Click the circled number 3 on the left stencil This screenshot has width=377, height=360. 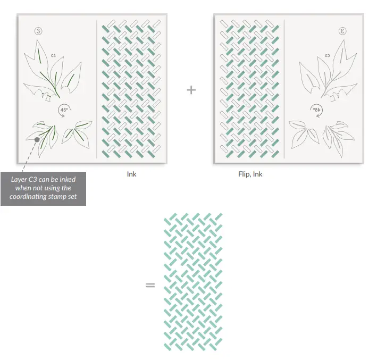coord(38,31)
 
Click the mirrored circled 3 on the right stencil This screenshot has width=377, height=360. coord(343,31)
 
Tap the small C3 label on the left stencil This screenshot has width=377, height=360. coord(54,55)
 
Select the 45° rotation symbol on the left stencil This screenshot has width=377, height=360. coord(64,111)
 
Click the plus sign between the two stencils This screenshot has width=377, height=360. coord(191,90)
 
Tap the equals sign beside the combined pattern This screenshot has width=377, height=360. coord(150,285)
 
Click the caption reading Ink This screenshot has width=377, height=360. coord(131,174)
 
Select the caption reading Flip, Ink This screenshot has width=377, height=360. coord(250,174)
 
